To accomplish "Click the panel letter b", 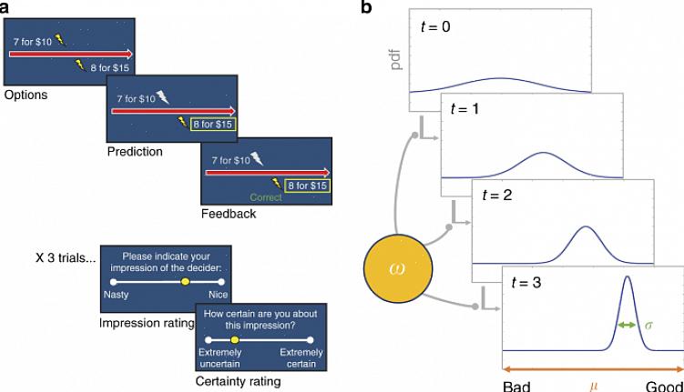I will click(x=366, y=8).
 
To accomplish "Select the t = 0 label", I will click(x=435, y=26).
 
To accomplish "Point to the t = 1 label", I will click(x=466, y=108).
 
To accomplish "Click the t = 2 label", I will click(x=498, y=195).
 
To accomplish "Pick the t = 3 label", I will click(x=528, y=282).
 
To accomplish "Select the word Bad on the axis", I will click(x=516, y=386).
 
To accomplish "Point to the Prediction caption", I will click(x=135, y=152).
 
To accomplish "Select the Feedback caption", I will click(x=229, y=215).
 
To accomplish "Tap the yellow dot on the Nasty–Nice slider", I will click(x=185, y=283).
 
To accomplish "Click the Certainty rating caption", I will click(x=238, y=382).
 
